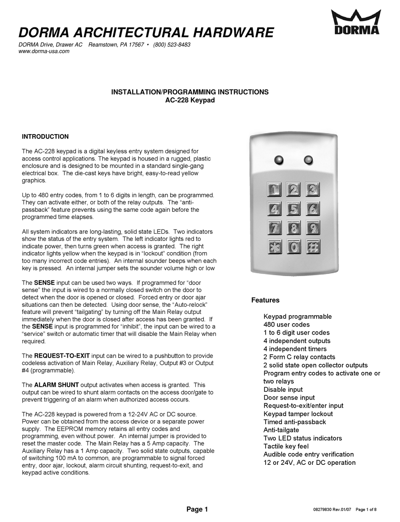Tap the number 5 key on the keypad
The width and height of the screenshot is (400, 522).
pyautogui.click(x=293, y=208)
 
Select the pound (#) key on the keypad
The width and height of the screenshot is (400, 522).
pyautogui.click(x=312, y=247)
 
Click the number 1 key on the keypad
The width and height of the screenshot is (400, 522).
pyautogui.click(x=274, y=190)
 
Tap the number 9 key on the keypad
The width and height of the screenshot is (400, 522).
pyautogui.click(x=312, y=228)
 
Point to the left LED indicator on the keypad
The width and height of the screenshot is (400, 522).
pyautogui.click(x=278, y=160)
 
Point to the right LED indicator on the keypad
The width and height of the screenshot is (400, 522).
pyautogui.click(x=308, y=160)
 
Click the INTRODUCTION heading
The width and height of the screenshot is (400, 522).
pyautogui.click(x=45, y=137)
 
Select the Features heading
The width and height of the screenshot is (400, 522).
pyautogui.click(x=265, y=300)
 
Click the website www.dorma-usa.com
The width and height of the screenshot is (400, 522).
pyautogui.click(x=44, y=51)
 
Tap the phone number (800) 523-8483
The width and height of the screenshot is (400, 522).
pyautogui.click(x=172, y=45)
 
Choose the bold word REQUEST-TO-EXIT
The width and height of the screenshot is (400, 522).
pyautogui.click(x=62, y=356)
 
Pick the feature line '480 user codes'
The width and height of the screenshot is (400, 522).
pyautogui.click(x=286, y=324)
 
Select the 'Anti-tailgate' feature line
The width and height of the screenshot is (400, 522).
pyautogui.click(x=281, y=430)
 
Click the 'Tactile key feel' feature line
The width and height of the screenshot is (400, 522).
pyautogui.click(x=286, y=446)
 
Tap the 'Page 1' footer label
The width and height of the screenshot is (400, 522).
pyautogui.click(x=197, y=509)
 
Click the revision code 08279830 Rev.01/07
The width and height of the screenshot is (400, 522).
pyautogui.click(x=332, y=510)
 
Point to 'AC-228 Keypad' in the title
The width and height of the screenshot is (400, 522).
pyautogui.click(x=189, y=100)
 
